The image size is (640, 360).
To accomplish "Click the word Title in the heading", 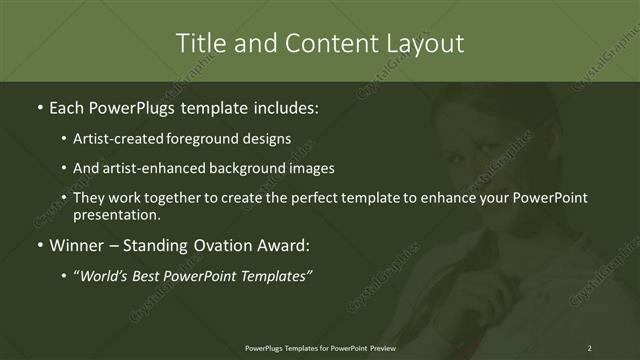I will pyautogui.click(x=200, y=44).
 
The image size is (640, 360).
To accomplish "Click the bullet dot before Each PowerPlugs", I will pyautogui.click(x=39, y=107).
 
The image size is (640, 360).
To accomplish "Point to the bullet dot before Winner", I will pyautogui.click(x=39, y=245).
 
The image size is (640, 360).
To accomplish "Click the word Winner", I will pyautogui.click(x=77, y=245).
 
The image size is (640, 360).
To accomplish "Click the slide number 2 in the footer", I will pyautogui.click(x=589, y=347).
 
